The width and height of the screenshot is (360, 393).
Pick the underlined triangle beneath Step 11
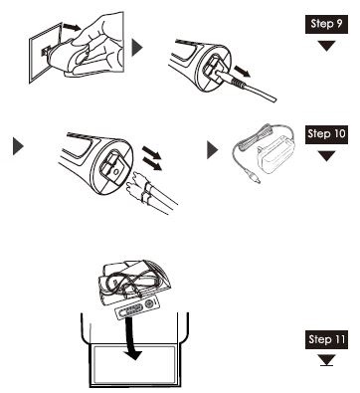[324, 362]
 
